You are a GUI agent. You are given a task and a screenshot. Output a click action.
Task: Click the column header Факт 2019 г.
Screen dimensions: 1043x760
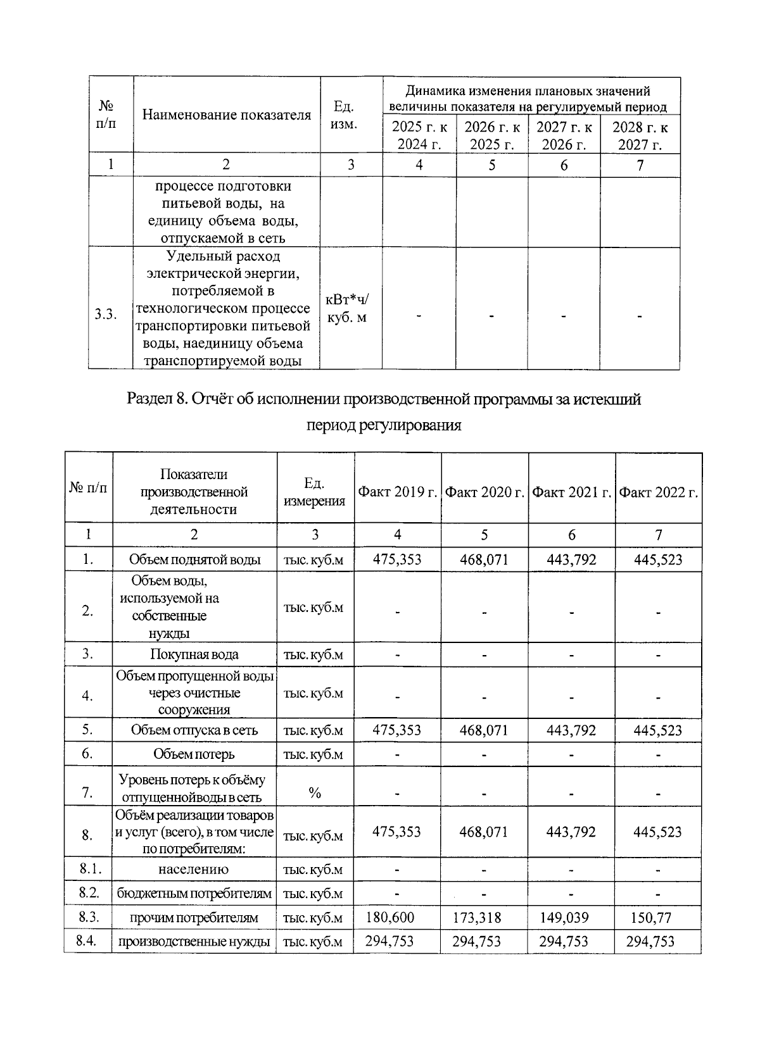pyautogui.click(x=398, y=492)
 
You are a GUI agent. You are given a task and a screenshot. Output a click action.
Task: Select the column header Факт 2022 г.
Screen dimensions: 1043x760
pyautogui.click(x=658, y=492)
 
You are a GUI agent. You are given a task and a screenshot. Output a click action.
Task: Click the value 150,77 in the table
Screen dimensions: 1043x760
pyautogui.click(x=651, y=917)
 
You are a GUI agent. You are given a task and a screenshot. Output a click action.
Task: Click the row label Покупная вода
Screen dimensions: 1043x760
pyautogui.click(x=194, y=654)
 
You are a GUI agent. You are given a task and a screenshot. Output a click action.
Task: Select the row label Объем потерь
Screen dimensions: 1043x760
pyautogui.click(x=194, y=754)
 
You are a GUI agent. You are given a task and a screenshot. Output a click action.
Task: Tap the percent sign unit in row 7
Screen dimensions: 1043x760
pyautogui.click(x=315, y=793)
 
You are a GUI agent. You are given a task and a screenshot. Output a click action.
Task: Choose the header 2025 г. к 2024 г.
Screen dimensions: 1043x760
pyautogui.click(x=419, y=135)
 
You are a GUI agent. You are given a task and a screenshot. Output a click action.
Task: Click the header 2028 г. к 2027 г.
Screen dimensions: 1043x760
pyautogui.click(x=640, y=135)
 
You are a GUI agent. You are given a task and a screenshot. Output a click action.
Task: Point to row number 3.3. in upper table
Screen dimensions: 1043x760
pyautogui.click(x=106, y=315)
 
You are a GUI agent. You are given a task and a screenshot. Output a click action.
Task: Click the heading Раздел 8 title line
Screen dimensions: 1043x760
pyautogui.click(x=384, y=399)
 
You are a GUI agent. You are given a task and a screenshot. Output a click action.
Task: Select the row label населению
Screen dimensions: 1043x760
pyautogui.click(x=194, y=870)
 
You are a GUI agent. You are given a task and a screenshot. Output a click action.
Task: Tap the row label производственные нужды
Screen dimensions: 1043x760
pyautogui.click(x=194, y=941)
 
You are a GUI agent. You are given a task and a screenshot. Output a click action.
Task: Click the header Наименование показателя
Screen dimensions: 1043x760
pyautogui.click(x=226, y=115)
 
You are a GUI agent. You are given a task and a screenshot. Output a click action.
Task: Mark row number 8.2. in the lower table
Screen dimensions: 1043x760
pyautogui.click(x=89, y=893)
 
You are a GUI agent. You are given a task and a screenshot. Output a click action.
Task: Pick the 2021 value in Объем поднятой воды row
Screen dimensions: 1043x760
pyautogui.click(x=571, y=559)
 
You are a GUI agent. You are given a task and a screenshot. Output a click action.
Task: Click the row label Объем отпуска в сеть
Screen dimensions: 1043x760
pyautogui.click(x=194, y=730)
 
